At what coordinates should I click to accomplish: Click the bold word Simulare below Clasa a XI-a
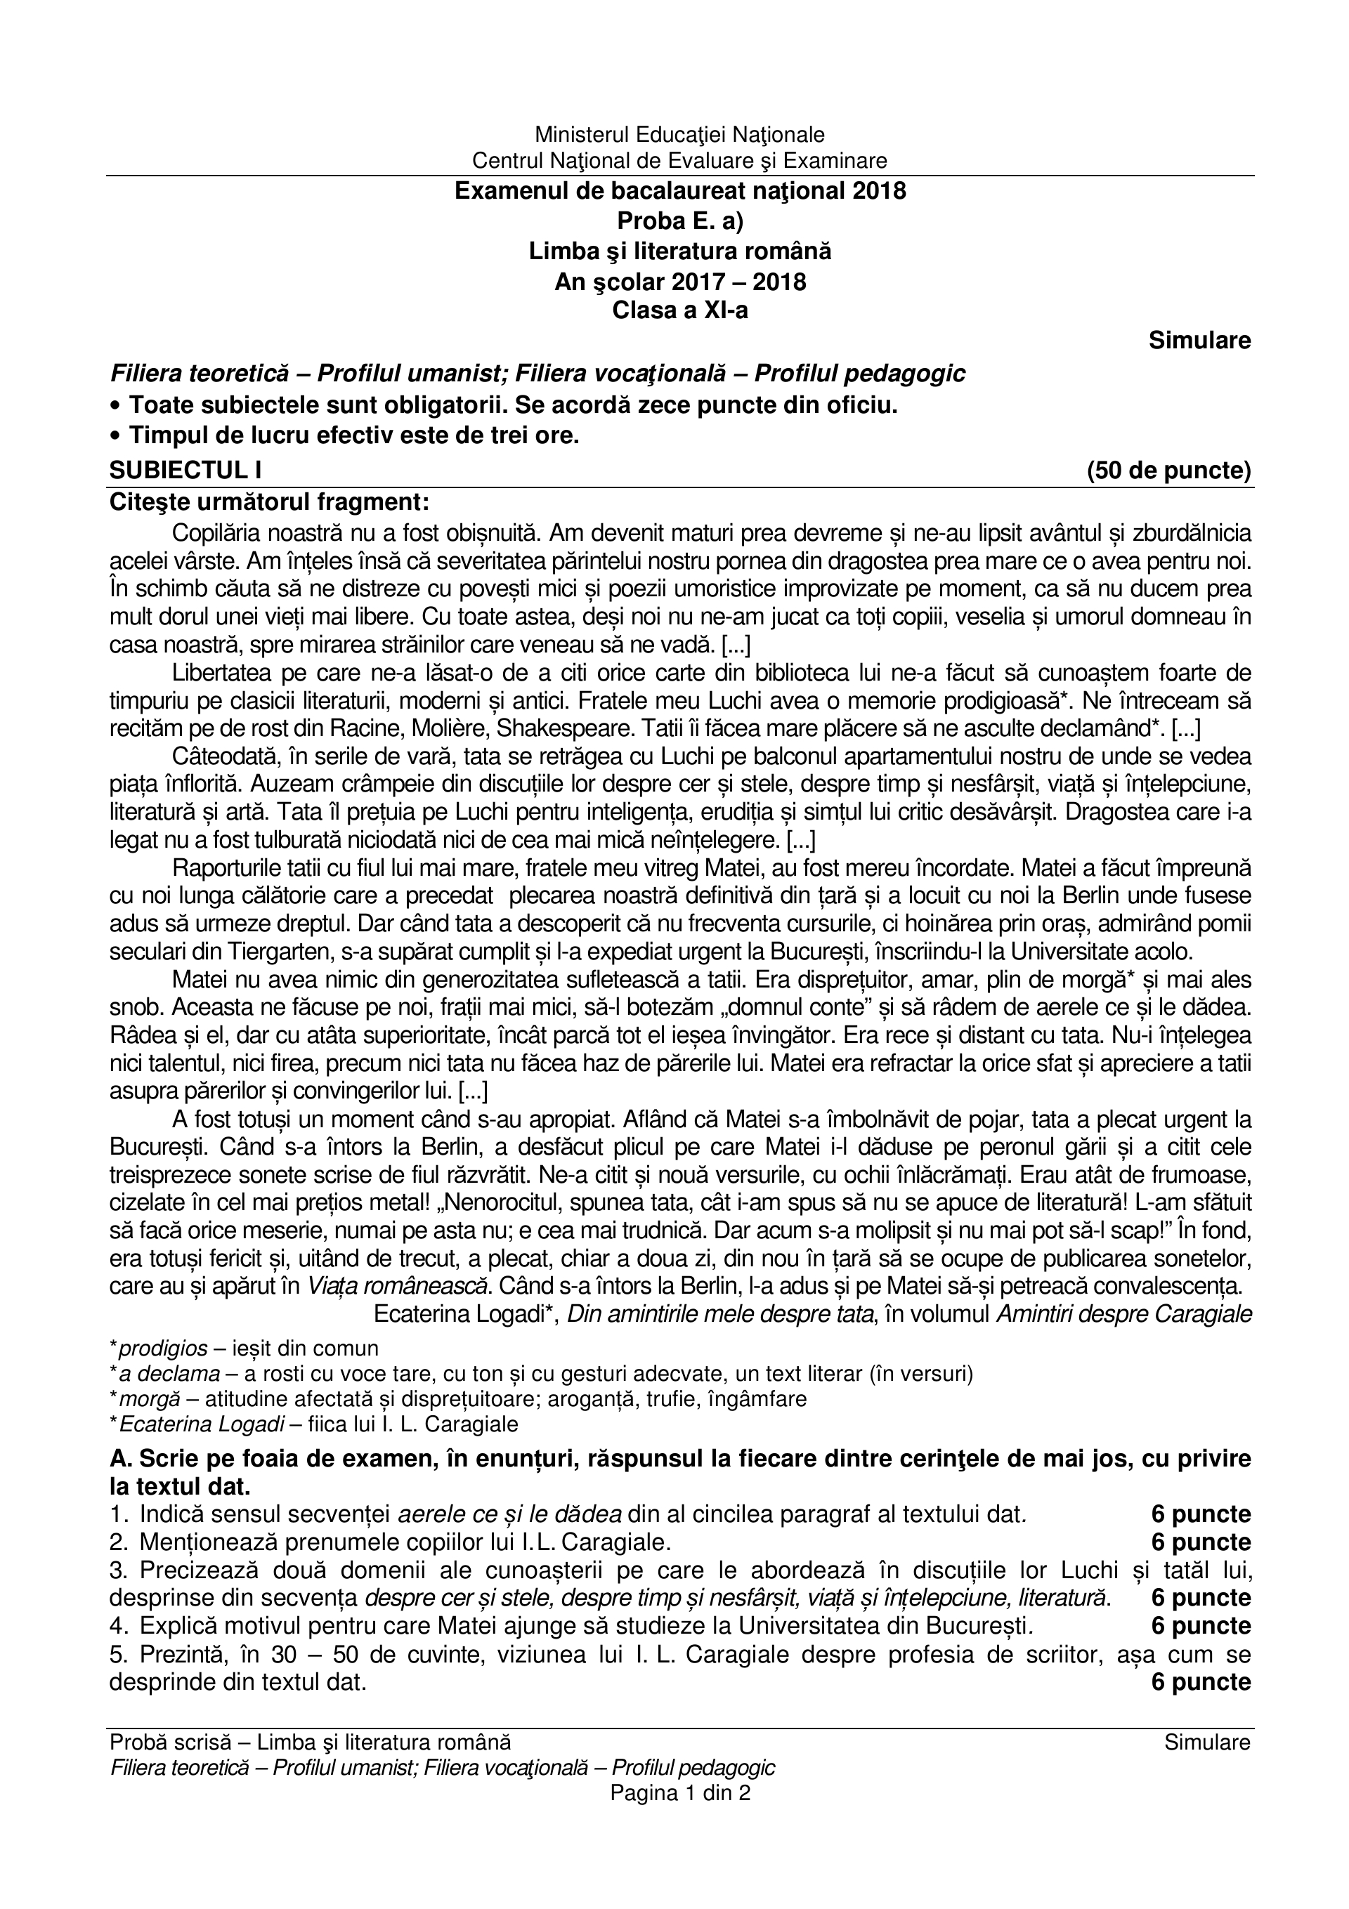click(1199, 341)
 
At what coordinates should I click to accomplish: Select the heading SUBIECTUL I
click(185, 471)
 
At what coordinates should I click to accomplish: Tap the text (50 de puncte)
click(1168, 471)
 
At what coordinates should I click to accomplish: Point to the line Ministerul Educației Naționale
click(679, 134)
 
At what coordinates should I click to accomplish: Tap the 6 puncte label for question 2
click(1201, 1542)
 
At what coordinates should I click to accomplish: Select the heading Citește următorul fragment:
click(270, 503)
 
